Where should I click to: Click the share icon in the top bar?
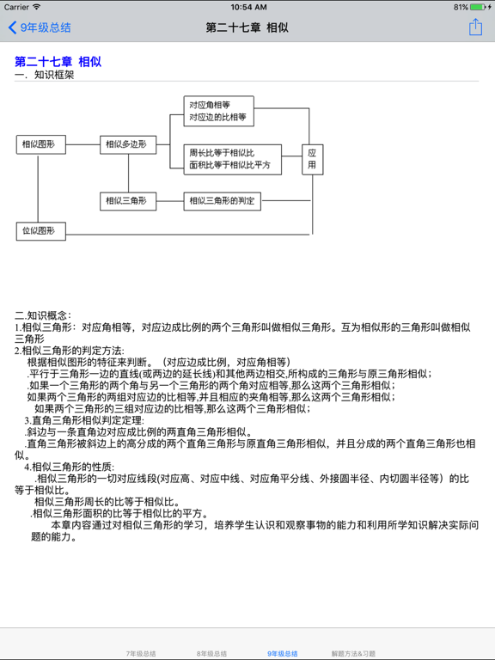pos(475,27)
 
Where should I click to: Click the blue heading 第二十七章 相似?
pos(58,61)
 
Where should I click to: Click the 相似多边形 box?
pos(128,144)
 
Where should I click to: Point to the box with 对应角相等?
pos(219,111)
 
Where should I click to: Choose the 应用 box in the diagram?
pos(312,158)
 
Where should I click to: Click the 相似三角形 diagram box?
pos(128,201)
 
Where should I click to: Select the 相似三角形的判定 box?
pos(223,201)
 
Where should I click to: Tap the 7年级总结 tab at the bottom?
pos(141,654)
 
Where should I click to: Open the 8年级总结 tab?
pos(211,654)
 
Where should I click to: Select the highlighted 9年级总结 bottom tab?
pos(282,654)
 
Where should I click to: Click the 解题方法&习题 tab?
pos(353,654)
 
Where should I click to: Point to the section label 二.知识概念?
pos(44,315)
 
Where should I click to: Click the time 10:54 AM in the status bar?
pos(247,7)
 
